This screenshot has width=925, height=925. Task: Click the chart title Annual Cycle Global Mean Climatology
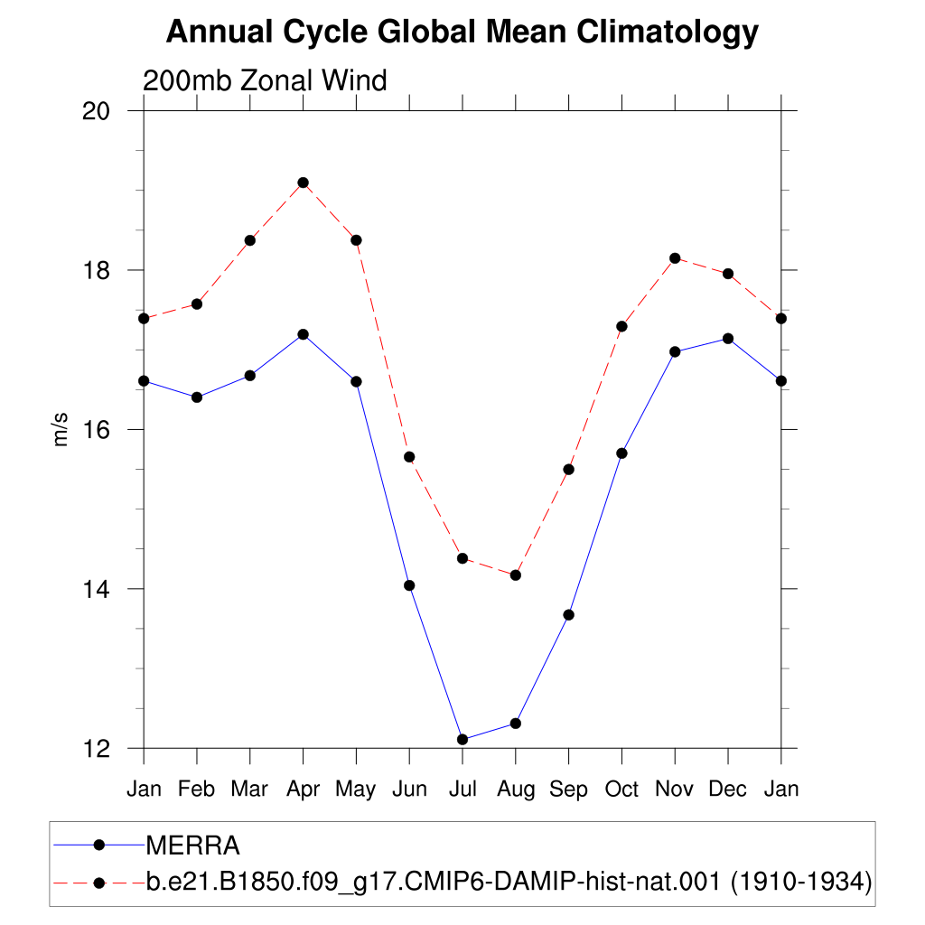click(462, 32)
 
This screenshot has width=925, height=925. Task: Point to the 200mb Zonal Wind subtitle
click(265, 80)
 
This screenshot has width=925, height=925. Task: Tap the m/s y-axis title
click(61, 429)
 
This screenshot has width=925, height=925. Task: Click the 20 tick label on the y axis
click(96, 111)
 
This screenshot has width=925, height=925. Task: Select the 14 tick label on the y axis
click(96, 589)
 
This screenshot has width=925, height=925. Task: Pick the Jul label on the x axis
click(462, 789)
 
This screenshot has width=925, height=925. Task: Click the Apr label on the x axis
click(304, 790)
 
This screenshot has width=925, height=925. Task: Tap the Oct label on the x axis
click(621, 789)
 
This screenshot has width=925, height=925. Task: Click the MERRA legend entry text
click(193, 846)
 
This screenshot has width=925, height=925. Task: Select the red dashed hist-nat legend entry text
click(509, 882)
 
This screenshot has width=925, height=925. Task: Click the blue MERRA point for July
click(462, 739)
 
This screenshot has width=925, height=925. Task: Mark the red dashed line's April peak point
click(304, 182)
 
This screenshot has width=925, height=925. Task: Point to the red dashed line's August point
click(516, 575)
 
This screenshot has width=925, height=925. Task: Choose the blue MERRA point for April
click(304, 334)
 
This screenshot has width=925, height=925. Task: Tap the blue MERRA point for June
click(409, 585)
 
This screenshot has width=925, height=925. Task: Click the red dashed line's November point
click(675, 258)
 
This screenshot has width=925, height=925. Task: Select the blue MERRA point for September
click(569, 614)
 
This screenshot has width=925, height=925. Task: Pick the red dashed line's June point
click(409, 457)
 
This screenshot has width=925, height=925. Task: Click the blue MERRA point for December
click(728, 339)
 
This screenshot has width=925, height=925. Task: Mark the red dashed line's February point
click(197, 304)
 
